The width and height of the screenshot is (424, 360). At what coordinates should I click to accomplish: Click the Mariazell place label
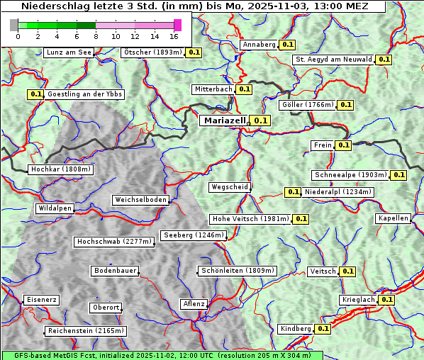point(225,120)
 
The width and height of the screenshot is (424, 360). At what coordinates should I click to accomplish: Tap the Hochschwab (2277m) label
point(114,242)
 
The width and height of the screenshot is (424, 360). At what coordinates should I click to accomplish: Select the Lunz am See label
point(69,52)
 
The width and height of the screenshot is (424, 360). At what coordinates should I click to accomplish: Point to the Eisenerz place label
point(41,300)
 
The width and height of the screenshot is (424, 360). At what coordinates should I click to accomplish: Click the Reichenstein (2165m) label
point(86,331)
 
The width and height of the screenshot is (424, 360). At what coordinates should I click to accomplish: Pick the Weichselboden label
point(141,200)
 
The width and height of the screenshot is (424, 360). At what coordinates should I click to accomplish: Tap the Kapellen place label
point(393,218)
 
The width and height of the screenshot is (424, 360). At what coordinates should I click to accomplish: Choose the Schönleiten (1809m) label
point(238,271)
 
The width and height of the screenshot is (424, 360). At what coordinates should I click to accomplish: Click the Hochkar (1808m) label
point(60,169)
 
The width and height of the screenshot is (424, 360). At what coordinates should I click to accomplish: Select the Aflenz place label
point(194,304)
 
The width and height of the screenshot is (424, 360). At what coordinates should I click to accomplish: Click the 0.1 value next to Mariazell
point(261,120)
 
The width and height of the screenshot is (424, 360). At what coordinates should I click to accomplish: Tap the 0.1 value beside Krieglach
point(386,300)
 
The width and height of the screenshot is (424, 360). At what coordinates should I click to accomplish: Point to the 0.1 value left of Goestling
point(35,94)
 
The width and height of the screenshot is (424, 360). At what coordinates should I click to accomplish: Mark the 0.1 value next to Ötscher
point(194,52)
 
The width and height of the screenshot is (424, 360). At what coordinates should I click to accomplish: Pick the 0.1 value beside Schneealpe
point(398,175)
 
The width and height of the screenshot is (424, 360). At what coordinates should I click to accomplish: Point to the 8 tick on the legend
point(96,36)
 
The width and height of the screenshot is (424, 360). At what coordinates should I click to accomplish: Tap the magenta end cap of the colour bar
point(177,25)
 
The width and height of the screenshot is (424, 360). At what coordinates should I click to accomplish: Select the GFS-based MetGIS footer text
point(162,355)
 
